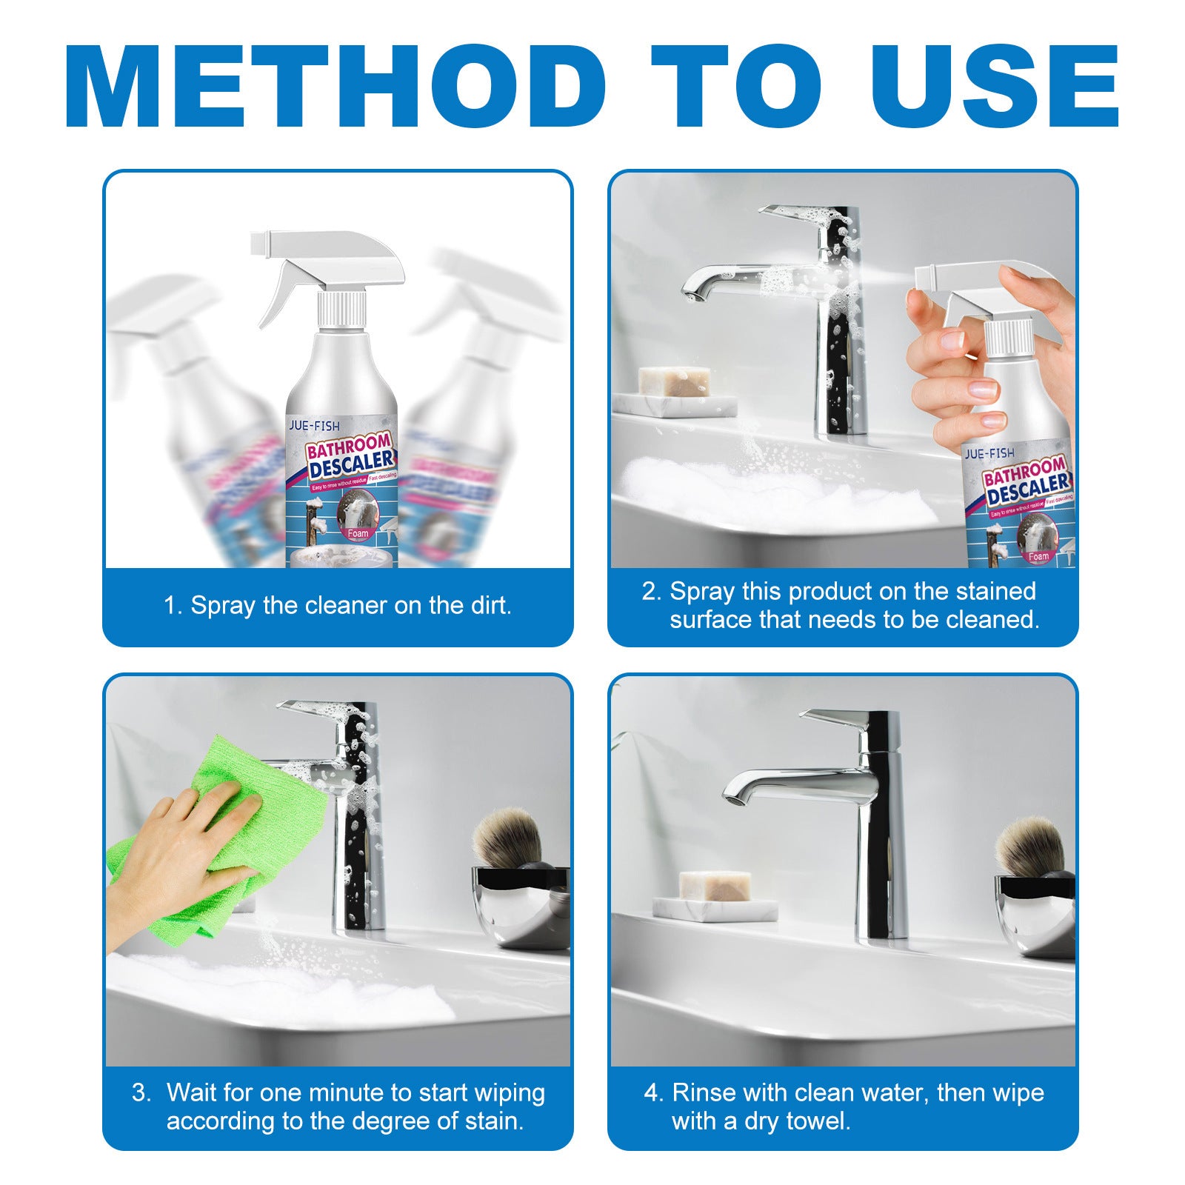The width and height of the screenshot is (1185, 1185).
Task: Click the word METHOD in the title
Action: coord(335,87)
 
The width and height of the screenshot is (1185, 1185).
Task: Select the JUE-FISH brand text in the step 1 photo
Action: coord(314,426)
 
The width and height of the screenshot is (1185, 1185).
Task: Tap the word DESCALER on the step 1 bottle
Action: coord(351,465)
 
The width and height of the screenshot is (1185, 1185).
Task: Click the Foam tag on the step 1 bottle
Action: coord(358,533)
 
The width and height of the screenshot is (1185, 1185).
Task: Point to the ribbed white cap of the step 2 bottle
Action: coord(1009,337)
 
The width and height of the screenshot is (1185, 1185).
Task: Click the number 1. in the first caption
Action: coord(173,606)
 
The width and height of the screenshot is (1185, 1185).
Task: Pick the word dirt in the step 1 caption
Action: coord(489,606)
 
